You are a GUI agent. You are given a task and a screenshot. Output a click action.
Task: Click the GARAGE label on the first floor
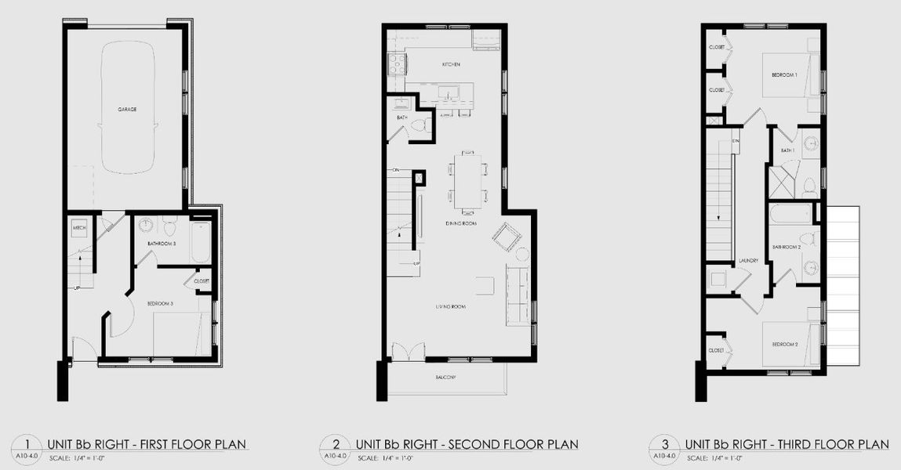pyautogui.click(x=127, y=110)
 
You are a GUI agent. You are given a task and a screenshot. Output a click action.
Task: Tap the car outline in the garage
pyautogui.click(x=128, y=110)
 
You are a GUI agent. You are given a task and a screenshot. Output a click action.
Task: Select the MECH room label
pyautogui.click(x=78, y=228)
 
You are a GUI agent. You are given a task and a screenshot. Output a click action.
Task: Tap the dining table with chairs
pyautogui.click(x=467, y=180)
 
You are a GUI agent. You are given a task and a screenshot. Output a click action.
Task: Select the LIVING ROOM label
pyautogui.click(x=451, y=306)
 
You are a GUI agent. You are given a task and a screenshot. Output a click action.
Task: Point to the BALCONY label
pyautogui.click(x=446, y=378)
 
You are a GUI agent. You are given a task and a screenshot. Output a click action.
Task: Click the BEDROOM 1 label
pyautogui.click(x=784, y=75)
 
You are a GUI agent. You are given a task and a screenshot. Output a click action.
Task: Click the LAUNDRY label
pyautogui.click(x=748, y=261)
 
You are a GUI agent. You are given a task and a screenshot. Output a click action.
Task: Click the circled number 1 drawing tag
pyautogui.click(x=27, y=444)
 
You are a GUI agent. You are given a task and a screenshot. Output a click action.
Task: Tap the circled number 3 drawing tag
pyautogui.click(x=664, y=444)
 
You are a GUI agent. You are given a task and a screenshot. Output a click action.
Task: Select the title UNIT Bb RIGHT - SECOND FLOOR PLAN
pyautogui.click(x=467, y=445)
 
